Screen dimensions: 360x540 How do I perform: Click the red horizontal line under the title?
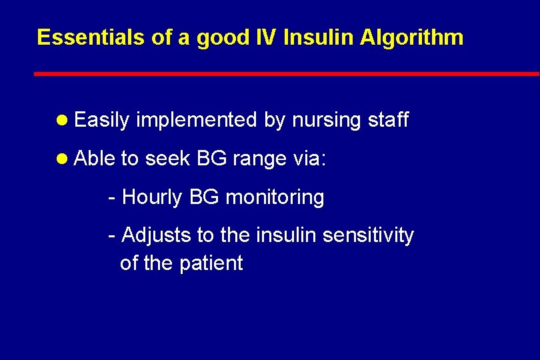287,73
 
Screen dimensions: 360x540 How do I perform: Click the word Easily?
101,121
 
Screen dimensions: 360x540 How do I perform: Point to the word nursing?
325,121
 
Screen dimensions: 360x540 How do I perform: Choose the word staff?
388,120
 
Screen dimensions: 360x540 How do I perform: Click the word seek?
167,159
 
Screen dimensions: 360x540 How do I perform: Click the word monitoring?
275,198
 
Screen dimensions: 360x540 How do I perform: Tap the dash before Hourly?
112,198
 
